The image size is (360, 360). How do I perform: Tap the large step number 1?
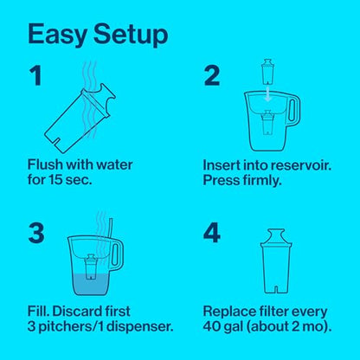pyautogui.click(x=36, y=75)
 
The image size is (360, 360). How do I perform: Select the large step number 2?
pyautogui.click(x=212, y=76)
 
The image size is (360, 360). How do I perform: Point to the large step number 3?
pyautogui.click(x=36, y=233)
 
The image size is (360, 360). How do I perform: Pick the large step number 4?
pyautogui.click(x=212, y=233)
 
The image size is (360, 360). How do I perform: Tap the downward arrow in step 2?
pyautogui.click(x=268, y=93)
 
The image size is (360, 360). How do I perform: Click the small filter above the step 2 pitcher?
pyautogui.click(x=267, y=72)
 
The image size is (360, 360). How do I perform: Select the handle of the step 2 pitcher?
pyautogui.click(x=293, y=111)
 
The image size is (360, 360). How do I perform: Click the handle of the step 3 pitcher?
pyautogui.click(x=117, y=254)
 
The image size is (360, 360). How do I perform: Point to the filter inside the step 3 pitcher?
pyautogui.click(x=91, y=267)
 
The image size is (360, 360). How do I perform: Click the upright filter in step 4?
pyautogui.click(x=276, y=261)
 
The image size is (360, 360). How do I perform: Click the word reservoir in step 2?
pyautogui.click(x=303, y=165)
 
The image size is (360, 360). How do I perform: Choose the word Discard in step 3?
pyautogui.click(x=77, y=312)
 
